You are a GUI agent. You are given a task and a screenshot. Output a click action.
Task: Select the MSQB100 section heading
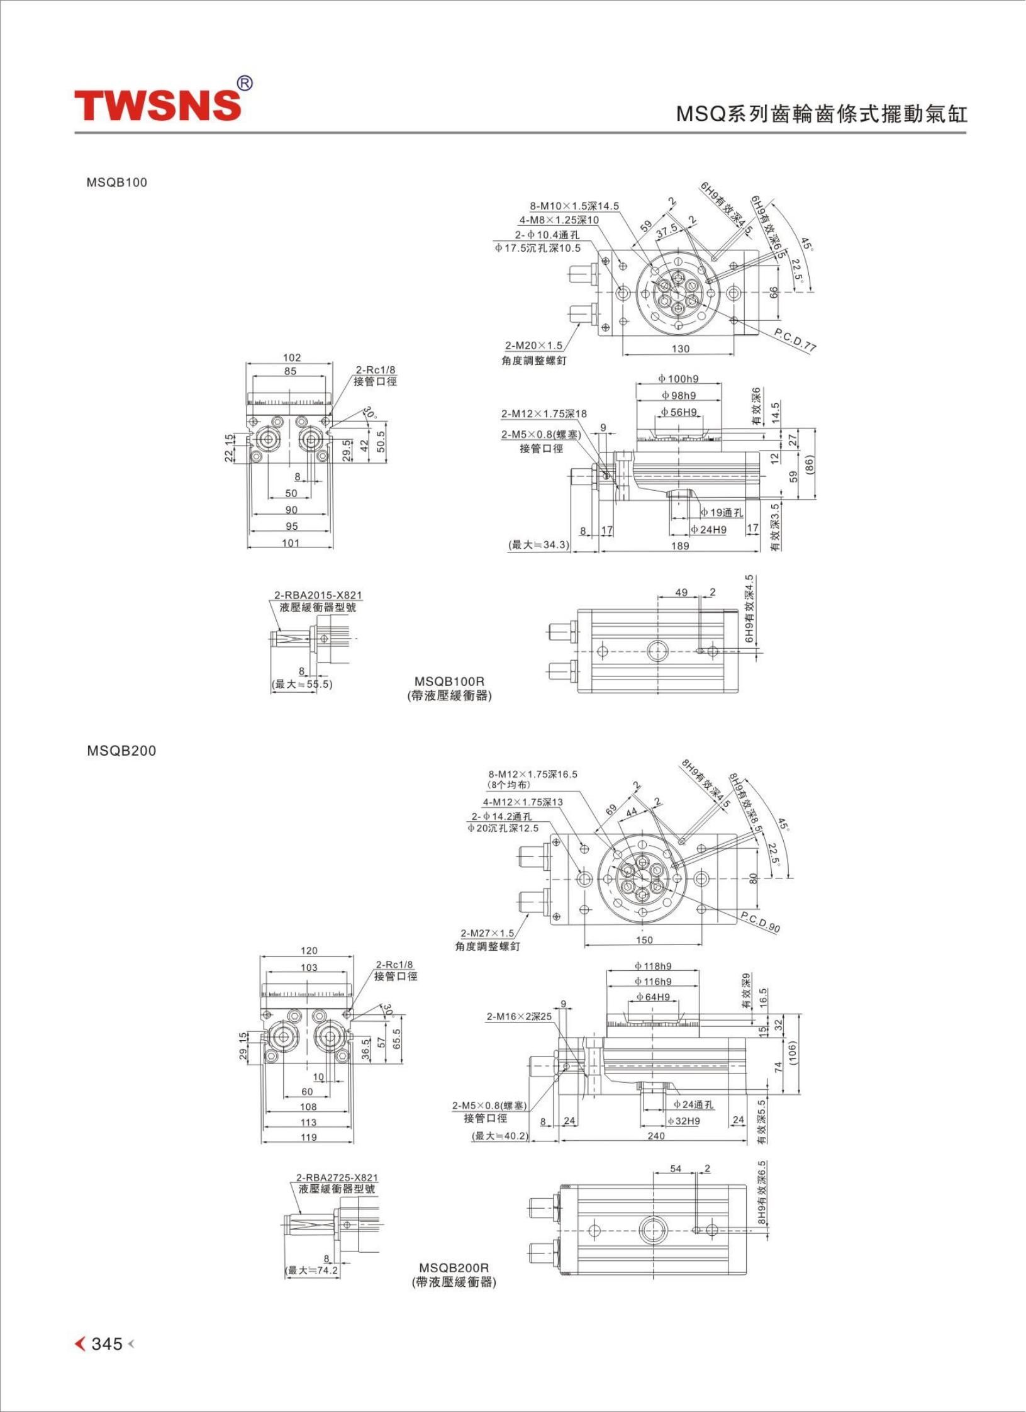click(117, 182)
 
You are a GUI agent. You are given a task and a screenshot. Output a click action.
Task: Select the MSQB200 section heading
click(121, 751)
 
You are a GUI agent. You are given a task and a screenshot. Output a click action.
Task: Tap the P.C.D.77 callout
click(795, 340)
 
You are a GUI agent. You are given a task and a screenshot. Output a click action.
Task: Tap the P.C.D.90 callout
click(761, 922)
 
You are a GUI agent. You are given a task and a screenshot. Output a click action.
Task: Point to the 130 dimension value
click(680, 349)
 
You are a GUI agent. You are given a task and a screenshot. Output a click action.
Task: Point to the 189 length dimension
click(680, 546)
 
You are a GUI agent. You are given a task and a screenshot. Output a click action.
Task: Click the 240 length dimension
click(656, 1136)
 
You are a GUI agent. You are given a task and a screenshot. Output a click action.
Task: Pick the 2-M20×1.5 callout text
click(534, 345)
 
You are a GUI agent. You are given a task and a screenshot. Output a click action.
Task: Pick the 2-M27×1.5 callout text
click(488, 933)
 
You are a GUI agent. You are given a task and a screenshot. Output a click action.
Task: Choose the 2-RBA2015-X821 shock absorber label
click(318, 595)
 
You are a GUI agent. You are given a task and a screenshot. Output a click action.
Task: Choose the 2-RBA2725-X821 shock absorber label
click(337, 1177)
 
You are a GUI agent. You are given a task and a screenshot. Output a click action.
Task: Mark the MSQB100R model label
click(449, 681)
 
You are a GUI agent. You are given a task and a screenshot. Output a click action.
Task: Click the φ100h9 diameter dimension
click(678, 379)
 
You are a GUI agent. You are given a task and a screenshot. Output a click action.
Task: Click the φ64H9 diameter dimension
click(652, 997)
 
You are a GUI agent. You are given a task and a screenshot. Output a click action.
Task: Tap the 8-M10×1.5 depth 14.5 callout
click(574, 206)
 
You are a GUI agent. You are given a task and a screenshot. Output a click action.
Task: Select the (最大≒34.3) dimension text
click(538, 544)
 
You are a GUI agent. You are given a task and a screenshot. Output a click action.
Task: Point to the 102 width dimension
click(291, 357)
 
